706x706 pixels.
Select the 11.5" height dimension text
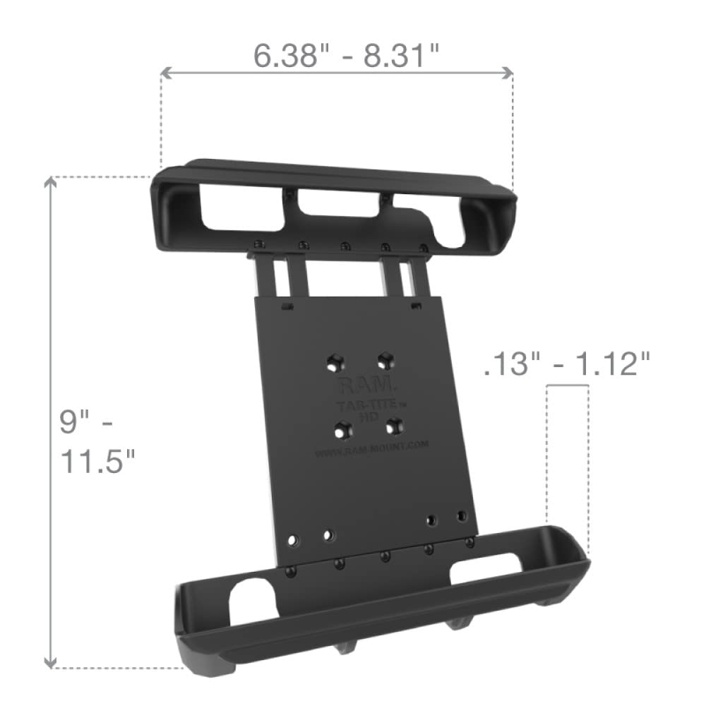97,462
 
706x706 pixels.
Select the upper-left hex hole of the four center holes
334,364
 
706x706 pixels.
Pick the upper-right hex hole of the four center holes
385,360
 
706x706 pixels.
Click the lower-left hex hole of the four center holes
345,428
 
